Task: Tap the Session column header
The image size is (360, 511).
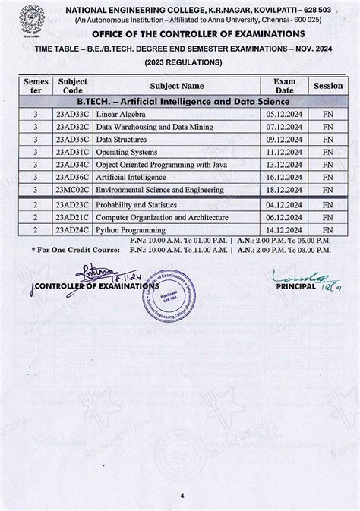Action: tap(328, 86)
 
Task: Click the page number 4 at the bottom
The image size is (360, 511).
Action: tap(182, 496)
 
